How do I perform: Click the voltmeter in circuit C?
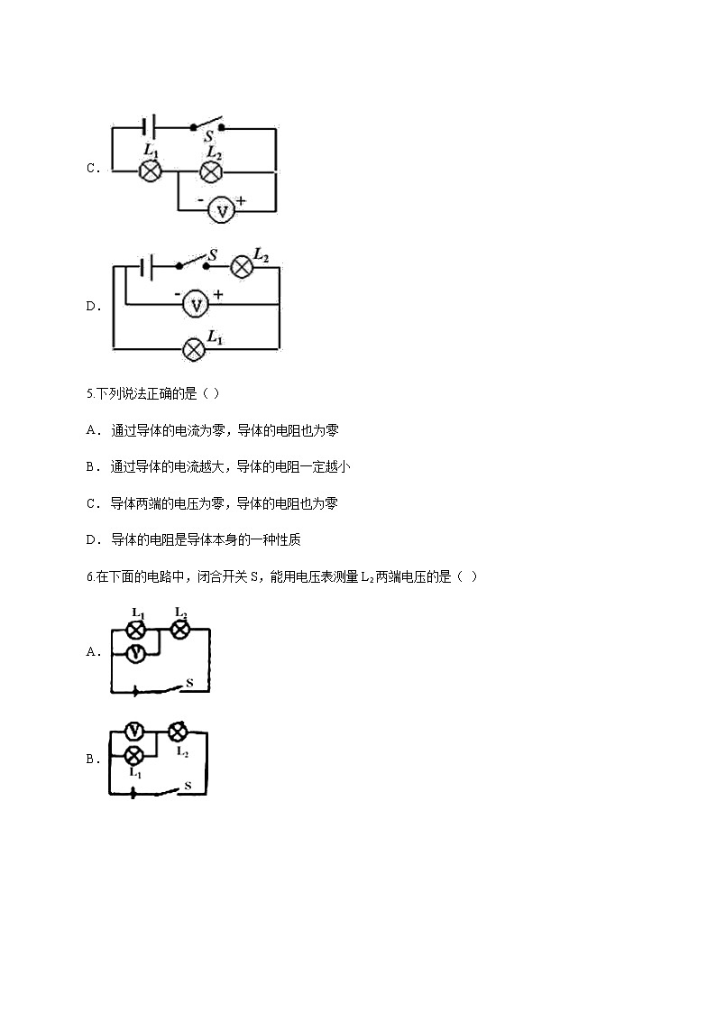[x=223, y=211]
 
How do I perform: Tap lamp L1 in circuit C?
[x=151, y=170]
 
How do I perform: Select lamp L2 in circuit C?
[x=210, y=172]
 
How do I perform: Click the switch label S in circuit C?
[x=208, y=136]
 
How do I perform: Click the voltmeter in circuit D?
[x=197, y=304]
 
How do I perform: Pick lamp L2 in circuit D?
[x=242, y=266]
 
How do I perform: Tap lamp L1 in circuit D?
[x=193, y=349]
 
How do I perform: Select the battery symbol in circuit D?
[x=147, y=266]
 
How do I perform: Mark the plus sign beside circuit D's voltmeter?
[x=218, y=295]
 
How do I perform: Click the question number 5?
[x=90, y=393]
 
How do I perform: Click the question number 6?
[x=90, y=577]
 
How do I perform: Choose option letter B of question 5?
[x=91, y=467]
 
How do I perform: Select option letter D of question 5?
[x=91, y=540]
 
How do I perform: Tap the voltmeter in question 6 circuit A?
[x=135, y=653]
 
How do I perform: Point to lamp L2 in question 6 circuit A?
[x=179, y=629]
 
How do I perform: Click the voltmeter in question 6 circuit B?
[x=134, y=731]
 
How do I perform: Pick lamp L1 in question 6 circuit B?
[x=133, y=754]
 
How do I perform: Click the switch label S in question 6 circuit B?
[x=188, y=786]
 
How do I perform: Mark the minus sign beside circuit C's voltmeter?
[x=200, y=200]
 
